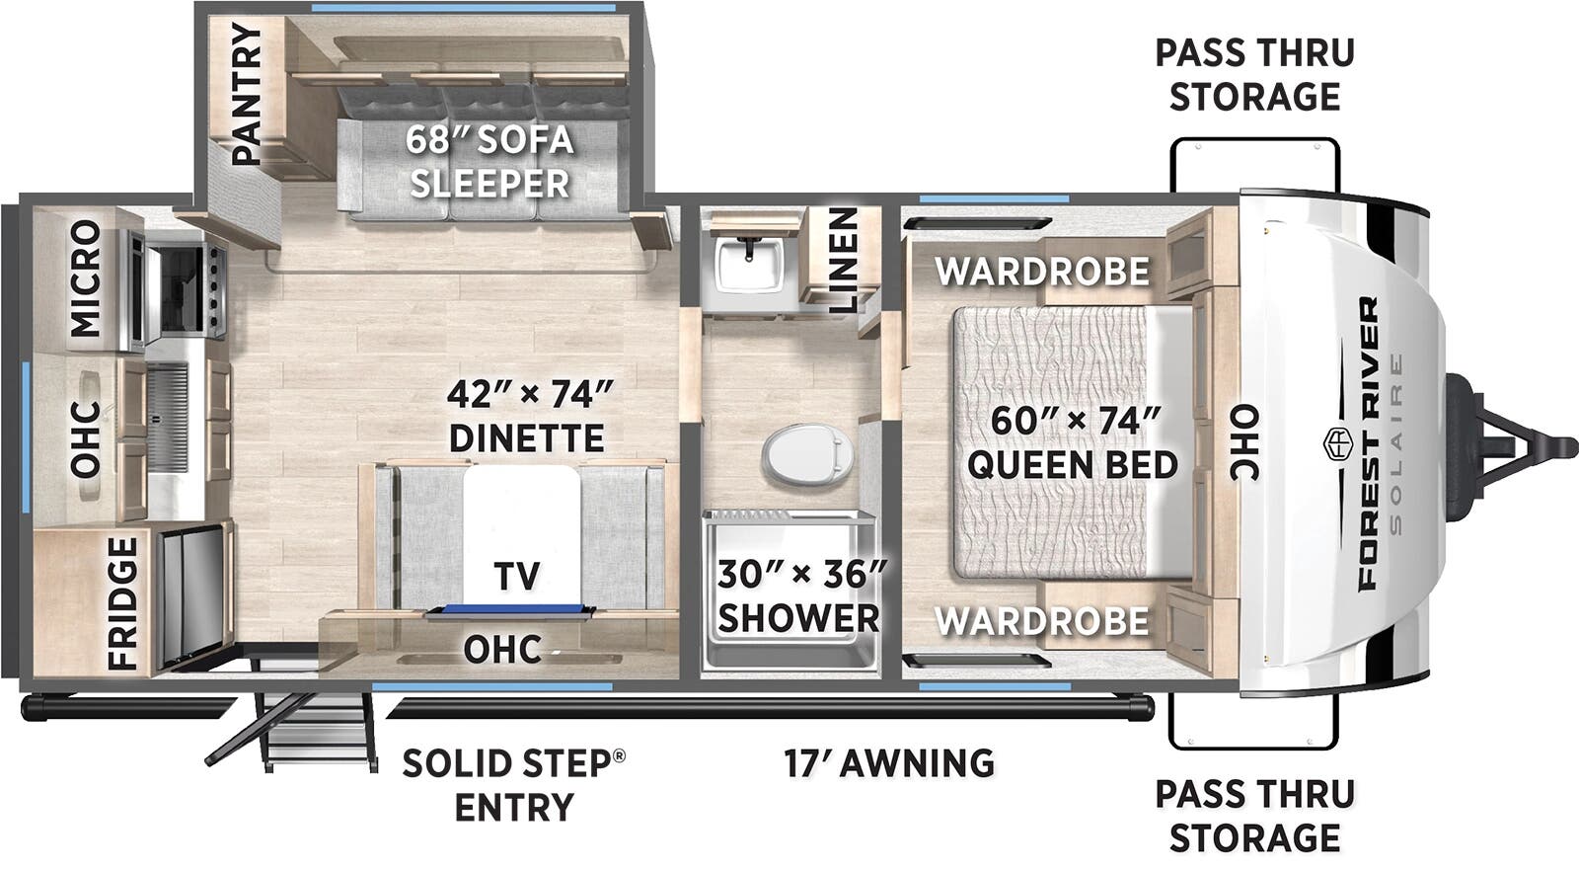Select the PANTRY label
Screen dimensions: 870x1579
(x=246, y=95)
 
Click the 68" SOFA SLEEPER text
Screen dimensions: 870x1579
(x=489, y=161)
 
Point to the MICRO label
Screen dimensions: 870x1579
(x=87, y=277)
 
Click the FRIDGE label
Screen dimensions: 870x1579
(x=122, y=602)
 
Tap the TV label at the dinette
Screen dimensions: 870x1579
(x=516, y=575)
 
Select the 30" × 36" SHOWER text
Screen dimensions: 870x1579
(x=799, y=595)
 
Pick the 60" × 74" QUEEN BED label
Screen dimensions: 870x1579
(x=1073, y=441)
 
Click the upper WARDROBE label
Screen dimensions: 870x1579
(x=1042, y=271)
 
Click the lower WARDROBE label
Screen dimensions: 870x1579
(x=1042, y=620)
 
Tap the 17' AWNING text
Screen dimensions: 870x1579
(x=888, y=762)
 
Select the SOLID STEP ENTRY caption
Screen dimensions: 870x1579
(x=513, y=784)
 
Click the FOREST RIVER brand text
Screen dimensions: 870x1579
(x=1368, y=444)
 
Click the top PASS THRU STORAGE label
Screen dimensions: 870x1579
(x=1254, y=74)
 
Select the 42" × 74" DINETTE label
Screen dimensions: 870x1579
(x=528, y=416)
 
